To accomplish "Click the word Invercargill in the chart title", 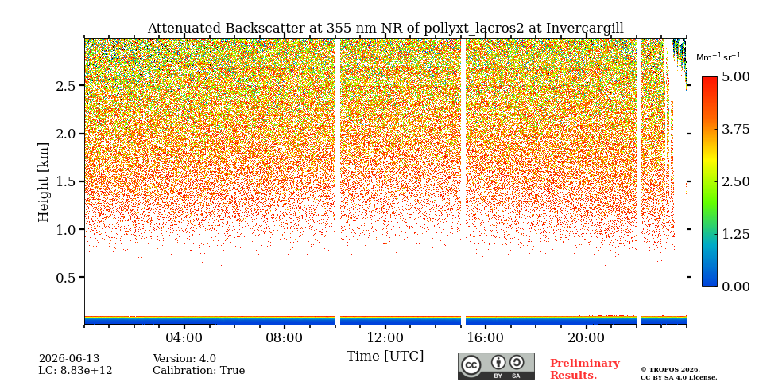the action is (x=584, y=29).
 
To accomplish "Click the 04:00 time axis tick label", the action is (x=184, y=337).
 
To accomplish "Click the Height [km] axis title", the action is (x=44, y=182).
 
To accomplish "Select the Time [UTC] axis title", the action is (x=385, y=357).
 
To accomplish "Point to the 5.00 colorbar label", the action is (x=735, y=76).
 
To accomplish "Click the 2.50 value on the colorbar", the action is (x=735, y=181).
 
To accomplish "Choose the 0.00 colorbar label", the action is (x=735, y=287).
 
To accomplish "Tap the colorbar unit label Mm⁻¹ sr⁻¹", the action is (x=718, y=57).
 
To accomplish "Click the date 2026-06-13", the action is (x=69, y=359).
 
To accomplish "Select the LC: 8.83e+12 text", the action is (x=76, y=371).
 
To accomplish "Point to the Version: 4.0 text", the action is (x=184, y=359).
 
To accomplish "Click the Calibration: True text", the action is (x=199, y=371).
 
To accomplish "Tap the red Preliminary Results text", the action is (x=585, y=369).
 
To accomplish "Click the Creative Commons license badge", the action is (x=496, y=366).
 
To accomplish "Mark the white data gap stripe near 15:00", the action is (x=463, y=181).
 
